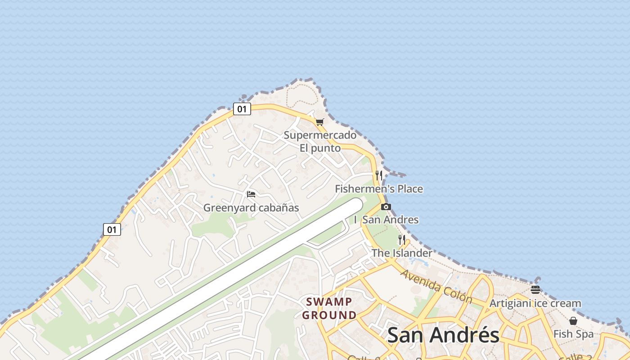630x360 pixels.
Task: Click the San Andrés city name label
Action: [x=443, y=335]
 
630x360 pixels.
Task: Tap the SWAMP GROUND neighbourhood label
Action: [x=329, y=308]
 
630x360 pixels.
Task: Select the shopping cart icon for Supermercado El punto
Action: [x=320, y=122]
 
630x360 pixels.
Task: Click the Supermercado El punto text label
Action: [x=320, y=141]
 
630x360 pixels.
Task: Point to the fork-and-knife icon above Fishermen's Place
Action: [x=379, y=175]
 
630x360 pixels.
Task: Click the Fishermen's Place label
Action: [x=379, y=189]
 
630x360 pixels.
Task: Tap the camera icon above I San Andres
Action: [x=386, y=207]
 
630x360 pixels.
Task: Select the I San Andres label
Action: [x=386, y=220]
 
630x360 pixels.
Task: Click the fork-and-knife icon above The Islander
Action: [x=402, y=240]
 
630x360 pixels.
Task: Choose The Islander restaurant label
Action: [x=401, y=253]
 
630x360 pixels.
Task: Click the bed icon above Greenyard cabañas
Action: [x=251, y=194]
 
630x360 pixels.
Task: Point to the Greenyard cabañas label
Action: [x=251, y=207]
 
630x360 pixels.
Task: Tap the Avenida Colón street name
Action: [x=436, y=286]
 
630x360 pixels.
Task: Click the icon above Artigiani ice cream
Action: [x=535, y=290]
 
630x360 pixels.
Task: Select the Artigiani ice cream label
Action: [x=535, y=303]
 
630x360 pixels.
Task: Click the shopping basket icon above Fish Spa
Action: [x=573, y=321]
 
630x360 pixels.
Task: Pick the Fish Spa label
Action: [x=573, y=334]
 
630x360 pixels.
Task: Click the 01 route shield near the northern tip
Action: [x=242, y=109]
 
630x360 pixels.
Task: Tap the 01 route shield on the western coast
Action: [x=112, y=229]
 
